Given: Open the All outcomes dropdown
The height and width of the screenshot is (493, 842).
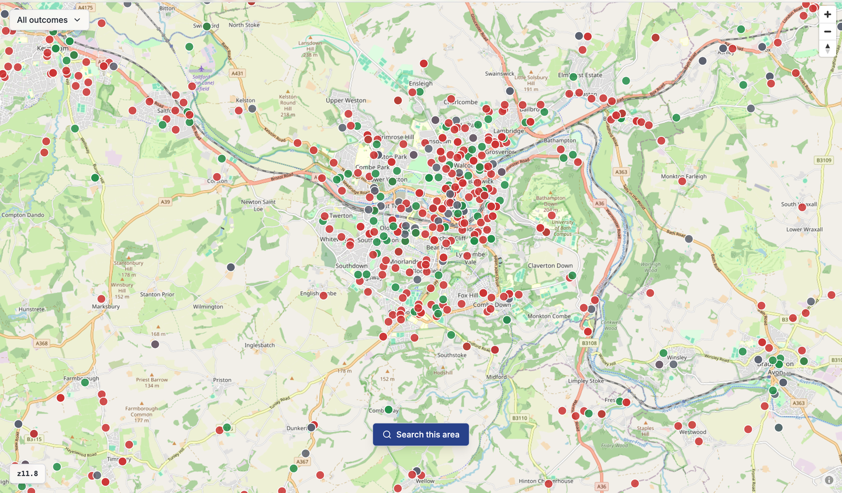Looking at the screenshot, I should point(49,20).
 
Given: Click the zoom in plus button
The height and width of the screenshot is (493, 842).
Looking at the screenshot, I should point(827,15).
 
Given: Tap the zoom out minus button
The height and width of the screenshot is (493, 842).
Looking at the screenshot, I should point(827,32).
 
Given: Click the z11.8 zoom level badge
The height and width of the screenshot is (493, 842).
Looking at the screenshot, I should point(27,474).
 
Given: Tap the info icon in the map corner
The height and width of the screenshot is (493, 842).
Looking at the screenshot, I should point(829,480).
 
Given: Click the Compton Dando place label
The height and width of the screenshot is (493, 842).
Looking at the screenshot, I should point(23,215).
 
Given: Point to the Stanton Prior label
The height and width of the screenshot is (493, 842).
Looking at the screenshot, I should point(157,295).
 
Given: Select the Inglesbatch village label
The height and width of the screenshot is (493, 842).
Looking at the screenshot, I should point(260,346).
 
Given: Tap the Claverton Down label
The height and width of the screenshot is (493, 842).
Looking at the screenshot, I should point(550,266).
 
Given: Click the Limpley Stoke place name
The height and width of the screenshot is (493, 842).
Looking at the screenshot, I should point(586,381).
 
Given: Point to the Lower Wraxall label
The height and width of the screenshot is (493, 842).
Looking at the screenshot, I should point(804,230).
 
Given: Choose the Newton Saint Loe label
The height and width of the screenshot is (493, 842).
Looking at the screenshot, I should point(258,205).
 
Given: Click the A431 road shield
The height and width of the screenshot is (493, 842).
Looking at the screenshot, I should point(237,74).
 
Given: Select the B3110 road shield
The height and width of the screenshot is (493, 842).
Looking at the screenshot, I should point(519,418).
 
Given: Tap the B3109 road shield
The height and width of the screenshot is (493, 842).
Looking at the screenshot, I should point(823,160).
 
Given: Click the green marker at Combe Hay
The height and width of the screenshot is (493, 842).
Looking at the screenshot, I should point(389,409).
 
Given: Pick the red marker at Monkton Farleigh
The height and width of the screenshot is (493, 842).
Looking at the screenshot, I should point(682,181).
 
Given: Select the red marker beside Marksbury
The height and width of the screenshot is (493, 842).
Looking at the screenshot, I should point(102,299).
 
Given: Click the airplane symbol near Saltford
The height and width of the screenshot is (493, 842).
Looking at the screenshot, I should point(201,69).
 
